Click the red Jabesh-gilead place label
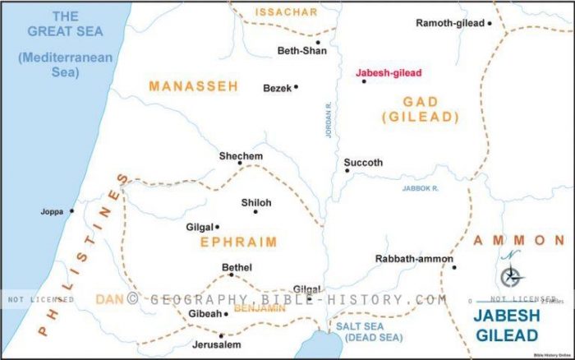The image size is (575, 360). point(388,72)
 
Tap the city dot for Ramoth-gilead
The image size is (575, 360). point(490,23)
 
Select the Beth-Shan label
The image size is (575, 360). point(301,51)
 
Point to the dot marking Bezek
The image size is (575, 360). point(296,86)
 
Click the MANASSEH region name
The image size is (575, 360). point(193,85)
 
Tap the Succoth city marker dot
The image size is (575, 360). point(347,170)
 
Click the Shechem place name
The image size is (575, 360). point(241,156)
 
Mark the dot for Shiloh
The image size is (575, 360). point(255,211)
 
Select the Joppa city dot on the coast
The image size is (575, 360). point(71,210)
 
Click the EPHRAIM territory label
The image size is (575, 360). point(238,242)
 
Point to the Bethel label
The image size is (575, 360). point(237,267)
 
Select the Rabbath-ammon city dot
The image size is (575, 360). point(454,267)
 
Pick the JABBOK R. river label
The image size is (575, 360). point(421,188)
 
